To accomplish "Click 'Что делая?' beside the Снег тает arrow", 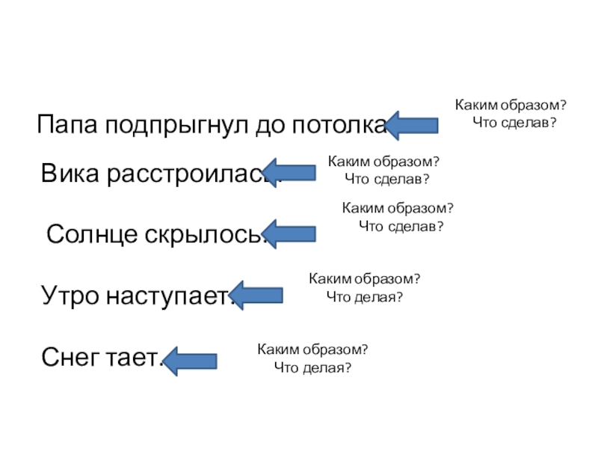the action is point(312,367).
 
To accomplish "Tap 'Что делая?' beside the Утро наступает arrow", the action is point(365,297).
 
